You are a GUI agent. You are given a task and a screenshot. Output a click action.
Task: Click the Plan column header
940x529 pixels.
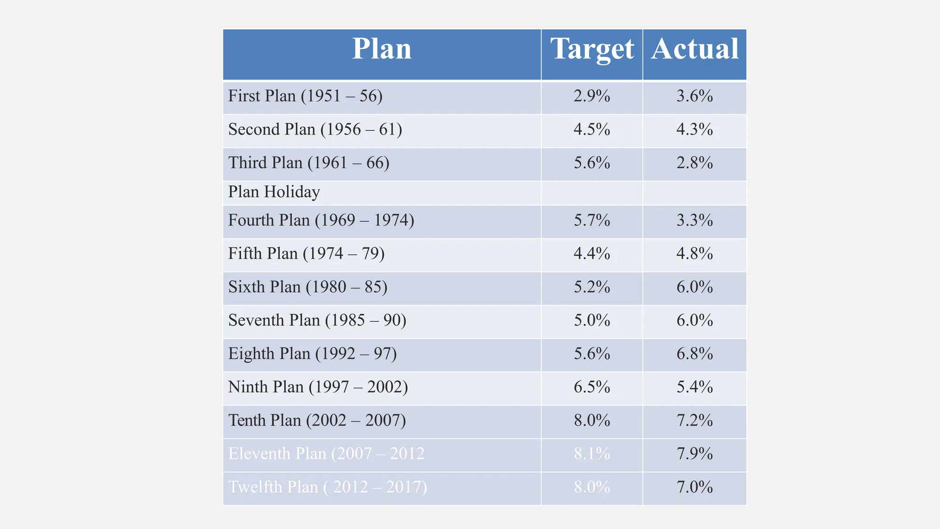pos(381,49)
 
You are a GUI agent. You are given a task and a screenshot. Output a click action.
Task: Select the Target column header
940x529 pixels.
pos(592,49)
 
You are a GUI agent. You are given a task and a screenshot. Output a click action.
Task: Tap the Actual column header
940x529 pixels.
pos(694,49)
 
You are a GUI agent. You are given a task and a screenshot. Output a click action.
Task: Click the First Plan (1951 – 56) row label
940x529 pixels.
pos(305,96)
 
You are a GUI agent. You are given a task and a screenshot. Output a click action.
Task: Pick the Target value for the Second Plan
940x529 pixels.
pos(592,129)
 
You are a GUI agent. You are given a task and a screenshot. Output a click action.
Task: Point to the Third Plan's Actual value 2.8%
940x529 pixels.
pos(694,163)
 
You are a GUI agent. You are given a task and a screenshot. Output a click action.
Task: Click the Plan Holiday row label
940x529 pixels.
pos(274,192)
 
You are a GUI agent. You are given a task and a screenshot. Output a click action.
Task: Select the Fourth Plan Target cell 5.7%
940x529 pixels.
pos(592,220)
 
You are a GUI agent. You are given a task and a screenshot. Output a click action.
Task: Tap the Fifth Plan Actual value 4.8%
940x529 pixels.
pos(694,253)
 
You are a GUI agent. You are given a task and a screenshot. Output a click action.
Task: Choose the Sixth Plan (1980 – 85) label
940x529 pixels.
pos(308,287)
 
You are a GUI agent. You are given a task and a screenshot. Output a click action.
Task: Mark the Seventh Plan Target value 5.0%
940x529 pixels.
pos(592,321)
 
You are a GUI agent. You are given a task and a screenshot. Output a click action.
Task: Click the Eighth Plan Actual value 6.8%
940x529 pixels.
pos(694,354)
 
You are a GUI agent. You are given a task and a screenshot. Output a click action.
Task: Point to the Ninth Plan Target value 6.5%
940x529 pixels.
pos(592,387)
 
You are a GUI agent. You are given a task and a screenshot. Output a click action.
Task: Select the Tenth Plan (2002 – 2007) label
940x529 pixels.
pos(317,421)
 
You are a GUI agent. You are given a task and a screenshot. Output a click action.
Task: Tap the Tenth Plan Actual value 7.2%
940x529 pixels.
pos(694,421)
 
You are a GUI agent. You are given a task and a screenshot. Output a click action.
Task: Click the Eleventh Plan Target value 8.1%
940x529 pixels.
pos(592,454)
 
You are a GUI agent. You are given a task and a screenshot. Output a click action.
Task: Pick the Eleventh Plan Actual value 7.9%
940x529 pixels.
pos(694,454)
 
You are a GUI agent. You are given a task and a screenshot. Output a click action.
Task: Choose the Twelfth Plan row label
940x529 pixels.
pos(327,487)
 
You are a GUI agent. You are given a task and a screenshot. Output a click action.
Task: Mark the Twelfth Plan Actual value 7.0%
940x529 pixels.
pos(694,487)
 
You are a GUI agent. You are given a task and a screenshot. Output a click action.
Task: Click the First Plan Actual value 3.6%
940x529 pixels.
pos(694,96)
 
